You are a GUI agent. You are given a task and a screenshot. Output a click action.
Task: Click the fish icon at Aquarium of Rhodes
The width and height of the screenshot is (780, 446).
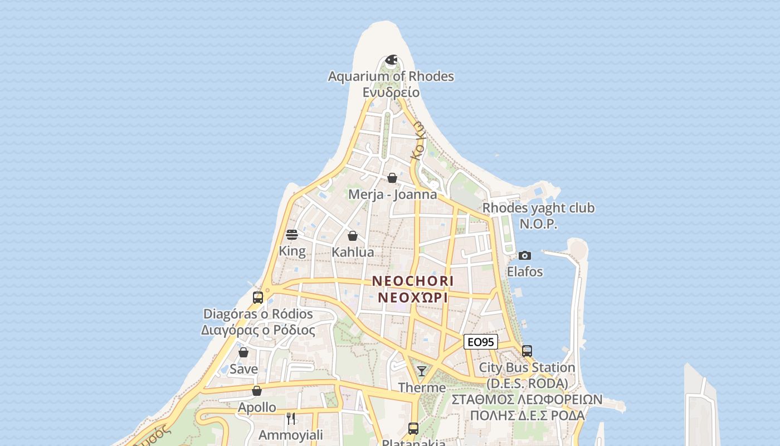coord(391,60)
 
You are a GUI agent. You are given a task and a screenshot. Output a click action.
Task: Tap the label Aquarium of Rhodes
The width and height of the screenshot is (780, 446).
coord(391,76)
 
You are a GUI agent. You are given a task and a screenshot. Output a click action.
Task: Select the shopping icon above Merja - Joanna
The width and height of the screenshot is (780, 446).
coord(392,178)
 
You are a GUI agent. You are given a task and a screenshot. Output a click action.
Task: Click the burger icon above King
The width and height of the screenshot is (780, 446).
coord(292,235)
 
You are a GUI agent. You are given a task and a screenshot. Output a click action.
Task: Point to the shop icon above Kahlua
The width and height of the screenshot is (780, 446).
coord(353,236)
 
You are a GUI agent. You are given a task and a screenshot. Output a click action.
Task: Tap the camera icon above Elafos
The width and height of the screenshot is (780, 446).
coord(524,255)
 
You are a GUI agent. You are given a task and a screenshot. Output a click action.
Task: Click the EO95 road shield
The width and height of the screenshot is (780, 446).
coord(480,342)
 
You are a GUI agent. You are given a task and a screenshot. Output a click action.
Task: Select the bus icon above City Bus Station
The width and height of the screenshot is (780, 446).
coord(527,351)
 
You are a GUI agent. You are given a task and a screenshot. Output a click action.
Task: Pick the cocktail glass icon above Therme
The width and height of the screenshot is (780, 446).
coord(422,371)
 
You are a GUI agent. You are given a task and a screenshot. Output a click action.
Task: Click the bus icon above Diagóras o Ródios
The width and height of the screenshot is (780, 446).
coord(257,297)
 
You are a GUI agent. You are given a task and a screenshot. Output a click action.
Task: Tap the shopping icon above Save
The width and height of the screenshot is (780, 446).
coord(243,352)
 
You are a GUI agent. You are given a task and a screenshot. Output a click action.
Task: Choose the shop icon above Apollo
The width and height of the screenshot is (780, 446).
coord(257,391)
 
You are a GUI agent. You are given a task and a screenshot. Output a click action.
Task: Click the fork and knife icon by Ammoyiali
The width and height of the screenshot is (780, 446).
coord(290,418)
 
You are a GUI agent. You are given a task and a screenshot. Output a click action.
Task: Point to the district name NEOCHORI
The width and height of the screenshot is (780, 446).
coord(413,282)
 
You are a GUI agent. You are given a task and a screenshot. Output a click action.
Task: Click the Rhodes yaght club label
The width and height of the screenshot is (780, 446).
coord(538,209)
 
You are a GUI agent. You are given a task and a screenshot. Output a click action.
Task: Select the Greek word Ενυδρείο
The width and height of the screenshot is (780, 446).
coord(391,92)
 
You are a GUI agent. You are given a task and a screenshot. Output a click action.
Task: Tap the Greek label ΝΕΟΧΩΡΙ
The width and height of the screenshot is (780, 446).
coord(413,297)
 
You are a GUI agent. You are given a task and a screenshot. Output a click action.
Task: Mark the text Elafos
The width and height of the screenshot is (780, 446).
coord(525,272)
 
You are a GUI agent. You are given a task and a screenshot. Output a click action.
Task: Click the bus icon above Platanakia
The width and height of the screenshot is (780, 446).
coord(413,428)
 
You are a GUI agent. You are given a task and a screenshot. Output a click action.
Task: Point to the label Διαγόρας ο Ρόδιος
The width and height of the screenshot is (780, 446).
coord(258,330)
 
